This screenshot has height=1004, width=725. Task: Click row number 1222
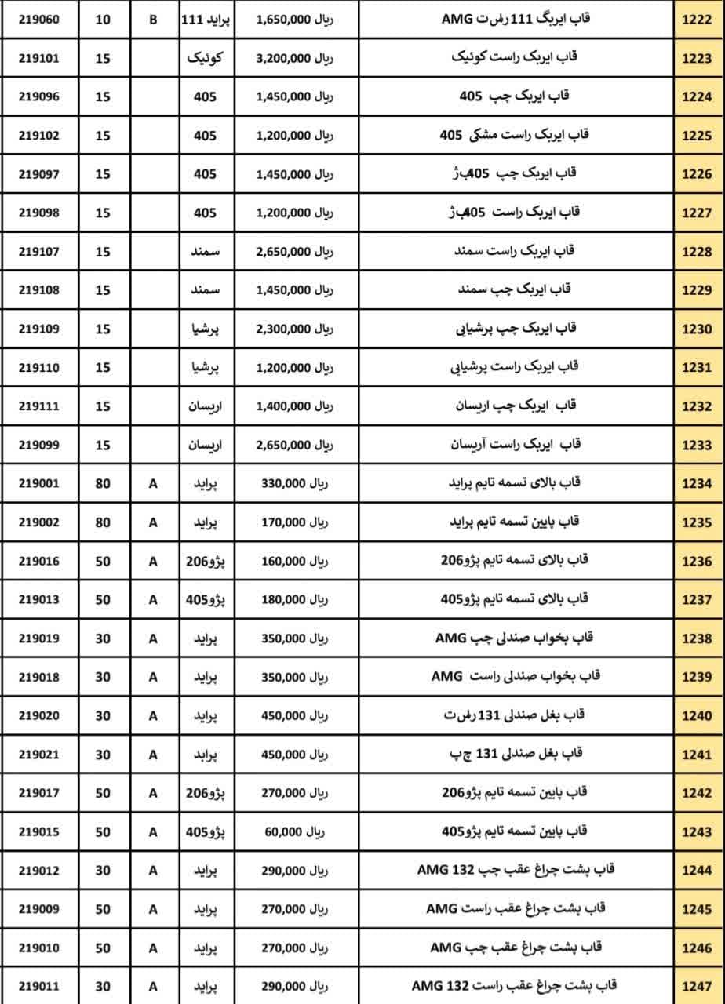(697, 20)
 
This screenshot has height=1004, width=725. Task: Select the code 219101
(38, 58)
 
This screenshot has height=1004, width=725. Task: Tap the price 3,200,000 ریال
(294, 58)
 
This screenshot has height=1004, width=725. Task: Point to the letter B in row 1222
(153, 20)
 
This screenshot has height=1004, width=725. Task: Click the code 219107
(38, 252)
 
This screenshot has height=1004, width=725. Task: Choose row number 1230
(697, 329)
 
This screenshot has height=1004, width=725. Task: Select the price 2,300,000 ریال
(294, 329)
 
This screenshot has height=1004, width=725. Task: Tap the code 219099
(38, 445)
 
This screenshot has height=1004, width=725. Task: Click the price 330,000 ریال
(294, 483)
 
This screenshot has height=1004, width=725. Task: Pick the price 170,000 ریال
(294, 522)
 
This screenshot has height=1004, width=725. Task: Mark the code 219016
(38, 561)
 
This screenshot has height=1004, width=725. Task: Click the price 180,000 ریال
(294, 599)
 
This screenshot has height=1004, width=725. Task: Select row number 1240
(697, 715)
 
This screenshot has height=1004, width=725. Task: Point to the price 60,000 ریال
(294, 831)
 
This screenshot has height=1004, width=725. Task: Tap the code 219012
(38, 870)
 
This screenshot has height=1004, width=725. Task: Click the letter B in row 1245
(153, 909)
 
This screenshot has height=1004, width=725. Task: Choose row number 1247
(697, 986)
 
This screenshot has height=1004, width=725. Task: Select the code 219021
(38, 754)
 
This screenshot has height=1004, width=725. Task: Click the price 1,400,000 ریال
(294, 406)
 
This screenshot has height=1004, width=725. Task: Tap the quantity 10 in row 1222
(103, 20)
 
